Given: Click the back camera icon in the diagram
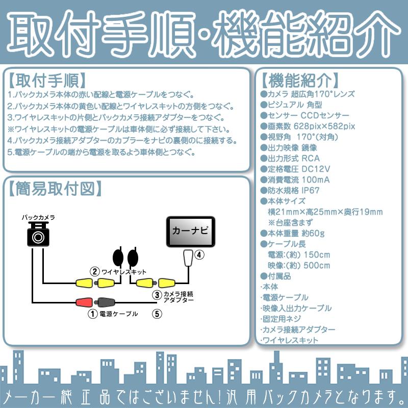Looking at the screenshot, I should (x=38, y=235).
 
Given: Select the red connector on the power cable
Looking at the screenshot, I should (x=84, y=302).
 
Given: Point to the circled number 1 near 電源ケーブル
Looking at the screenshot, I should (x=92, y=314).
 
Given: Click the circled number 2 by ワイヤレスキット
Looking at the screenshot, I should (x=94, y=272).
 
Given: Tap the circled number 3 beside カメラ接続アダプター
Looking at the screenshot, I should (x=157, y=295).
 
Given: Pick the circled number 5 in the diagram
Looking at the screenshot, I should (x=157, y=314).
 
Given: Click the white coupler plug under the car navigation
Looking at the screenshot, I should (x=188, y=258).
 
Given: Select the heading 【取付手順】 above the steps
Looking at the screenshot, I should (x=46, y=81).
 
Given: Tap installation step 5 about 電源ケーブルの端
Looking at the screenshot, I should (x=102, y=152).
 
